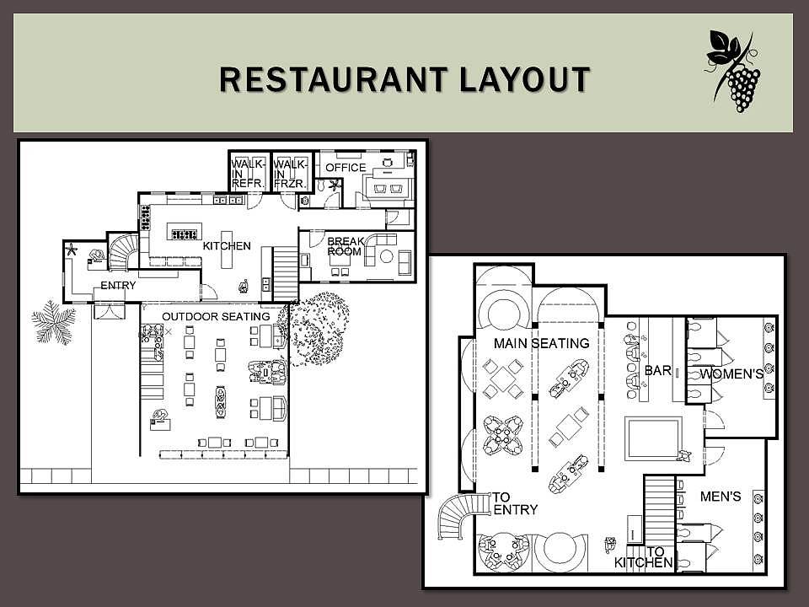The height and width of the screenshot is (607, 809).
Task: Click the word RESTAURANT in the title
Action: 334,79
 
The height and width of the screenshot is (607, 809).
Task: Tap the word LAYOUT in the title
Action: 524,79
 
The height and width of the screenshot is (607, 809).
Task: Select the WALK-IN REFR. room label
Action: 248,174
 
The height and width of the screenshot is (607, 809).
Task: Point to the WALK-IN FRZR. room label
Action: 291,174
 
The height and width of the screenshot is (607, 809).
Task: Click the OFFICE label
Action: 346,167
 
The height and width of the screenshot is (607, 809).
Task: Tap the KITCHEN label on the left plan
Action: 227,245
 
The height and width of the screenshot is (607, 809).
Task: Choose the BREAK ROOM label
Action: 346,246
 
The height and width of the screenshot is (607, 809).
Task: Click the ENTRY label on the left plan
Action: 118,286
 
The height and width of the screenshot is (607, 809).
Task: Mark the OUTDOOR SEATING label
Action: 217,316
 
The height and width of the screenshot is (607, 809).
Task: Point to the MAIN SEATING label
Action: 541,343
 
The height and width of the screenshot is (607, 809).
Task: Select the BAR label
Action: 658,370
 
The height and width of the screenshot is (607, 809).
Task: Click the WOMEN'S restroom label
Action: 731,373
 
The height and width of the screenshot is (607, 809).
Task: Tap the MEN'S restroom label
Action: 721,497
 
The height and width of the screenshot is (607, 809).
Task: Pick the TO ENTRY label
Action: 516,503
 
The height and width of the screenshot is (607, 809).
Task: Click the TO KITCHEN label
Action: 643,557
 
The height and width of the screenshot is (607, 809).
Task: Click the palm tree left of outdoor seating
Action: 54,322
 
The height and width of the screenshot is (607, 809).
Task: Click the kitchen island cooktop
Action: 185,234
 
